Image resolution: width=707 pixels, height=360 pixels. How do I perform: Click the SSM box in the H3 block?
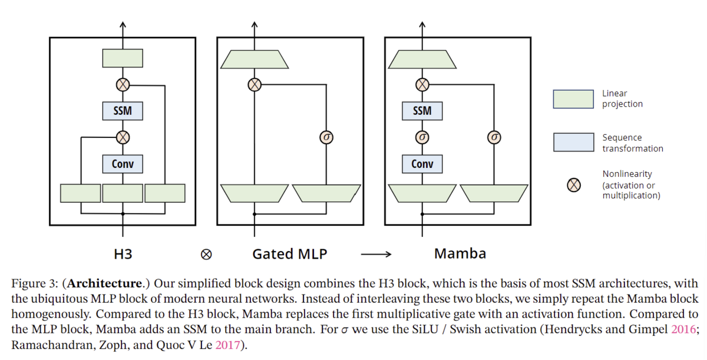click(x=123, y=111)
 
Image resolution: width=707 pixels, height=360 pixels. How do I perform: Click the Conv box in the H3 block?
click(x=123, y=164)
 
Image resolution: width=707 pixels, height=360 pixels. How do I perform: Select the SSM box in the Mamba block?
click(x=422, y=111)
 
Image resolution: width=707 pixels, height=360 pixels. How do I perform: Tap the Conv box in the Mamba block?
click(x=422, y=164)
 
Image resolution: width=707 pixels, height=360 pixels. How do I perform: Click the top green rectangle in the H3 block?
click(x=123, y=58)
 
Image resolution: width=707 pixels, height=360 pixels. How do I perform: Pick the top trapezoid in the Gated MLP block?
click(x=254, y=58)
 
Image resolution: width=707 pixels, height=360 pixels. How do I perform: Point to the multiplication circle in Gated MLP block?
click(x=254, y=85)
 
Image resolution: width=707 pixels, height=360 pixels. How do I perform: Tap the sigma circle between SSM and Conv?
click(x=422, y=137)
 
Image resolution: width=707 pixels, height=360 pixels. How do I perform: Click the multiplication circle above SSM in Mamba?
click(x=422, y=85)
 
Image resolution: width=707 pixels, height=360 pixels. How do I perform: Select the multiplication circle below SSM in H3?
click(x=123, y=137)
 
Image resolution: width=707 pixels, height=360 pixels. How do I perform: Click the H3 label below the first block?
click(x=123, y=254)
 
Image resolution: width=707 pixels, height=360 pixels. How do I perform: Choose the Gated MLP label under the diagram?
click(x=289, y=254)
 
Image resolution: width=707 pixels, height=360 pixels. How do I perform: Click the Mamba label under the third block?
click(x=460, y=254)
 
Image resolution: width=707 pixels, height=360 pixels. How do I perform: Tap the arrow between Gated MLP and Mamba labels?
click(x=376, y=255)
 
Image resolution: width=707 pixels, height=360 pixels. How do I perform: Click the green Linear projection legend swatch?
click(x=573, y=99)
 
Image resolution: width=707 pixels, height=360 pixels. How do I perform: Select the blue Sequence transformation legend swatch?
click(x=573, y=142)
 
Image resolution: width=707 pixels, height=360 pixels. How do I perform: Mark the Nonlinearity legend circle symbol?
click(x=573, y=185)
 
